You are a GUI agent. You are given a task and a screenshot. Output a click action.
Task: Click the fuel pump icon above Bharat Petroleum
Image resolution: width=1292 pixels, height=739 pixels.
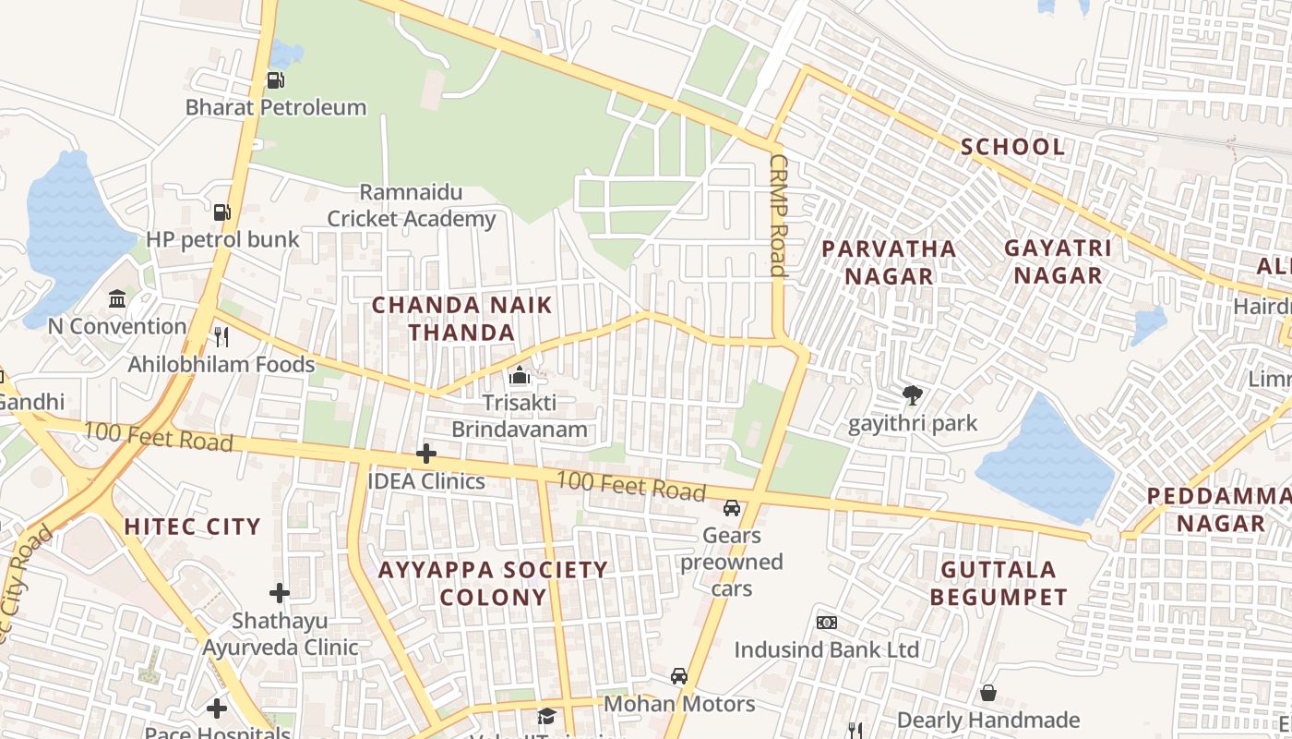[275, 80]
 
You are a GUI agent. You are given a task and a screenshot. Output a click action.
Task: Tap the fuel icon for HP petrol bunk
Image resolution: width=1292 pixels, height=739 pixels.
[221, 212]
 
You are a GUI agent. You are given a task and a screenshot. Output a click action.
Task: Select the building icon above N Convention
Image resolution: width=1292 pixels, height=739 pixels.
[117, 299]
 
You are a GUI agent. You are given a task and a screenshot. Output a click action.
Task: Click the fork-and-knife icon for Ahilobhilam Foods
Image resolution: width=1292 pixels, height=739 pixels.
[221, 336]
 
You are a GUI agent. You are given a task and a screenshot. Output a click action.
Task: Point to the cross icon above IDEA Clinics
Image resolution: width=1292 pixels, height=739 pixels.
[425, 454]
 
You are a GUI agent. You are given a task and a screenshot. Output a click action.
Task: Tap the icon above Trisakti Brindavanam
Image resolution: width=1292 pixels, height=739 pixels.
[520, 376]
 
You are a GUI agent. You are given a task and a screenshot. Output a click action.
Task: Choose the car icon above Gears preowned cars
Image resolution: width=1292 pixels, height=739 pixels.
[731, 508]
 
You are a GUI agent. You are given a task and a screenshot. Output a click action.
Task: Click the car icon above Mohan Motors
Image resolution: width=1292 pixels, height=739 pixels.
[679, 676]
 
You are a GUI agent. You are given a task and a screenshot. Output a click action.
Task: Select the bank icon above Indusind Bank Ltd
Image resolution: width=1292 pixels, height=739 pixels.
[826, 623]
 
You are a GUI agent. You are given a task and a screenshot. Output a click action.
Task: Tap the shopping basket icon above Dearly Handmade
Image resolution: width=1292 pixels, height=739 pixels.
[987, 693]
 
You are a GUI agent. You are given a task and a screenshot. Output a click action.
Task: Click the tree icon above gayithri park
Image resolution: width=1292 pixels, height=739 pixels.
[913, 396]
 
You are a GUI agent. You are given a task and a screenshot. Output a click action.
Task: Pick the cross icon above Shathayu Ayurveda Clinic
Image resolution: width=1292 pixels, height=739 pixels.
[280, 592]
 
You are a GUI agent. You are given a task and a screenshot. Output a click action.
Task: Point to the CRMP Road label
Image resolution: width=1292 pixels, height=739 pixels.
[777, 215]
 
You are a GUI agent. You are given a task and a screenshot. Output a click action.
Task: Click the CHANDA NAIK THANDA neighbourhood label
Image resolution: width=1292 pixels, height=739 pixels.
[461, 319]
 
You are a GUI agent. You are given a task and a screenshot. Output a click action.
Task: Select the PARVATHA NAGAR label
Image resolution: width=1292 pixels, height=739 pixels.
[889, 262]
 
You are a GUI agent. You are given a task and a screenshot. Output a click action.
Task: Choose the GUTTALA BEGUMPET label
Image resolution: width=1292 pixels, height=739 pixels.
[998, 583]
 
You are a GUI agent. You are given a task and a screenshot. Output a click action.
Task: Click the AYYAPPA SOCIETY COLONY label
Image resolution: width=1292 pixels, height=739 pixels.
[493, 583]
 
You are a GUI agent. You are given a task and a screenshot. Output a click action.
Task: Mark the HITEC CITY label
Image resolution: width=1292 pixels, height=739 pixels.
[193, 527]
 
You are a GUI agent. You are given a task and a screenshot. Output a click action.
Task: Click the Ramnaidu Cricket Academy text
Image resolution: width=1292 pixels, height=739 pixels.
[412, 206]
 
